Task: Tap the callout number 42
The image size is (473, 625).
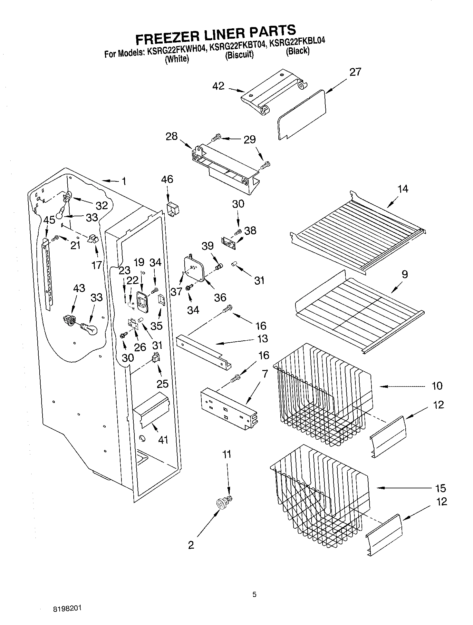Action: pos(218,86)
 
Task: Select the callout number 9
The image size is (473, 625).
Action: pos(405,274)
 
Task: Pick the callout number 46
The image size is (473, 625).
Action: pos(167,179)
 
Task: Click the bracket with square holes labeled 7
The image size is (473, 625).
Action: pos(229,410)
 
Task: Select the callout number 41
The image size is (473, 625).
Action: pos(163,439)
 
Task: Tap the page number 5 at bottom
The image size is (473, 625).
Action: pos(254,595)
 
